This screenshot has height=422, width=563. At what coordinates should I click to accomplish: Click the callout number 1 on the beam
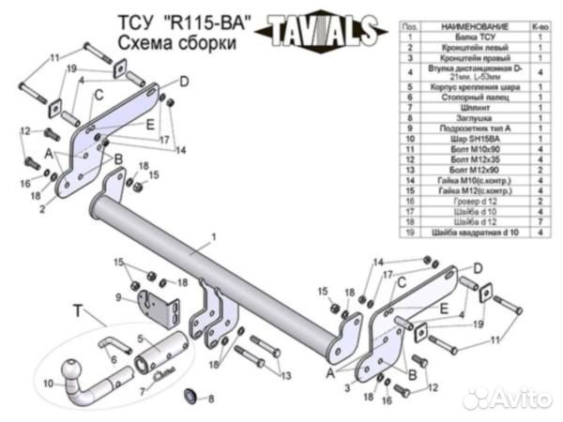tap(214, 238)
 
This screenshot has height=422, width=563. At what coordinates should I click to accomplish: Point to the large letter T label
tap(78, 309)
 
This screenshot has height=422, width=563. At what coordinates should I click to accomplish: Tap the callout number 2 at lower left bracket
tap(41, 210)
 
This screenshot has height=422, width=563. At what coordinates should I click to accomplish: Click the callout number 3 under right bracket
tap(349, 386)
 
